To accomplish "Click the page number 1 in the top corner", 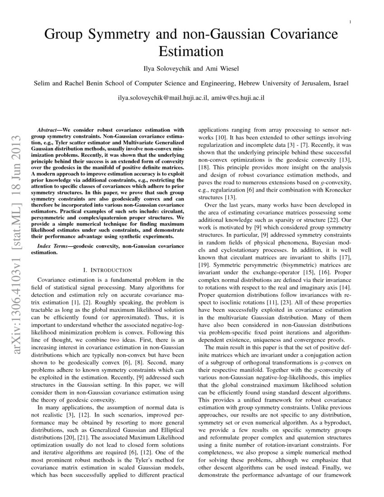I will pyautogui.click(x=351, y=22).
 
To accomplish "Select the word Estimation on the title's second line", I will pyautogui.click(x=192, y=51).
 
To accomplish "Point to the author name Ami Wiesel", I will pyautogui.click(x=223, y=68).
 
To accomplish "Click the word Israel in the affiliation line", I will pyautogui.click(x=339, y=83).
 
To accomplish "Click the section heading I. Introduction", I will pyautogui.click(x=111, y=270).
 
